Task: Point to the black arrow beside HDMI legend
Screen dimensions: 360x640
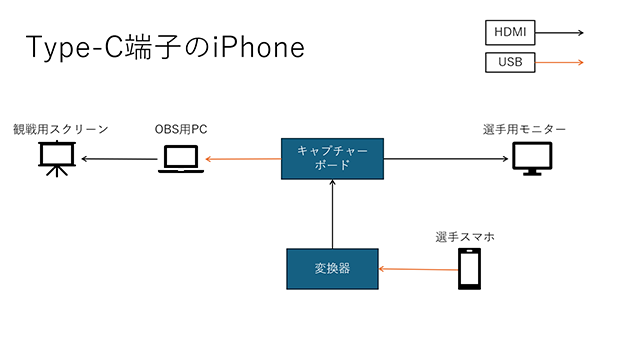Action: click(x=561, y=32)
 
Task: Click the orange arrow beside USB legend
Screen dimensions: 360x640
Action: click(x=561, y=63)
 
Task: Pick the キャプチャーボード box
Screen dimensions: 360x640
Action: click(x=331, y=158)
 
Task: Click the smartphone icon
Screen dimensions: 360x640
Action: click(x=470, y=269)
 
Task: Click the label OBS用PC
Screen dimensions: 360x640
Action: click(x=181, y=130)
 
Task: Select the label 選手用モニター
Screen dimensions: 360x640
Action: click(x=524, y=130)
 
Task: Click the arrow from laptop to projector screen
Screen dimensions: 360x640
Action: click(x=120, y=159)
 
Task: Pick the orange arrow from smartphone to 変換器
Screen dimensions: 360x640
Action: click(x=415, y=269)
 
